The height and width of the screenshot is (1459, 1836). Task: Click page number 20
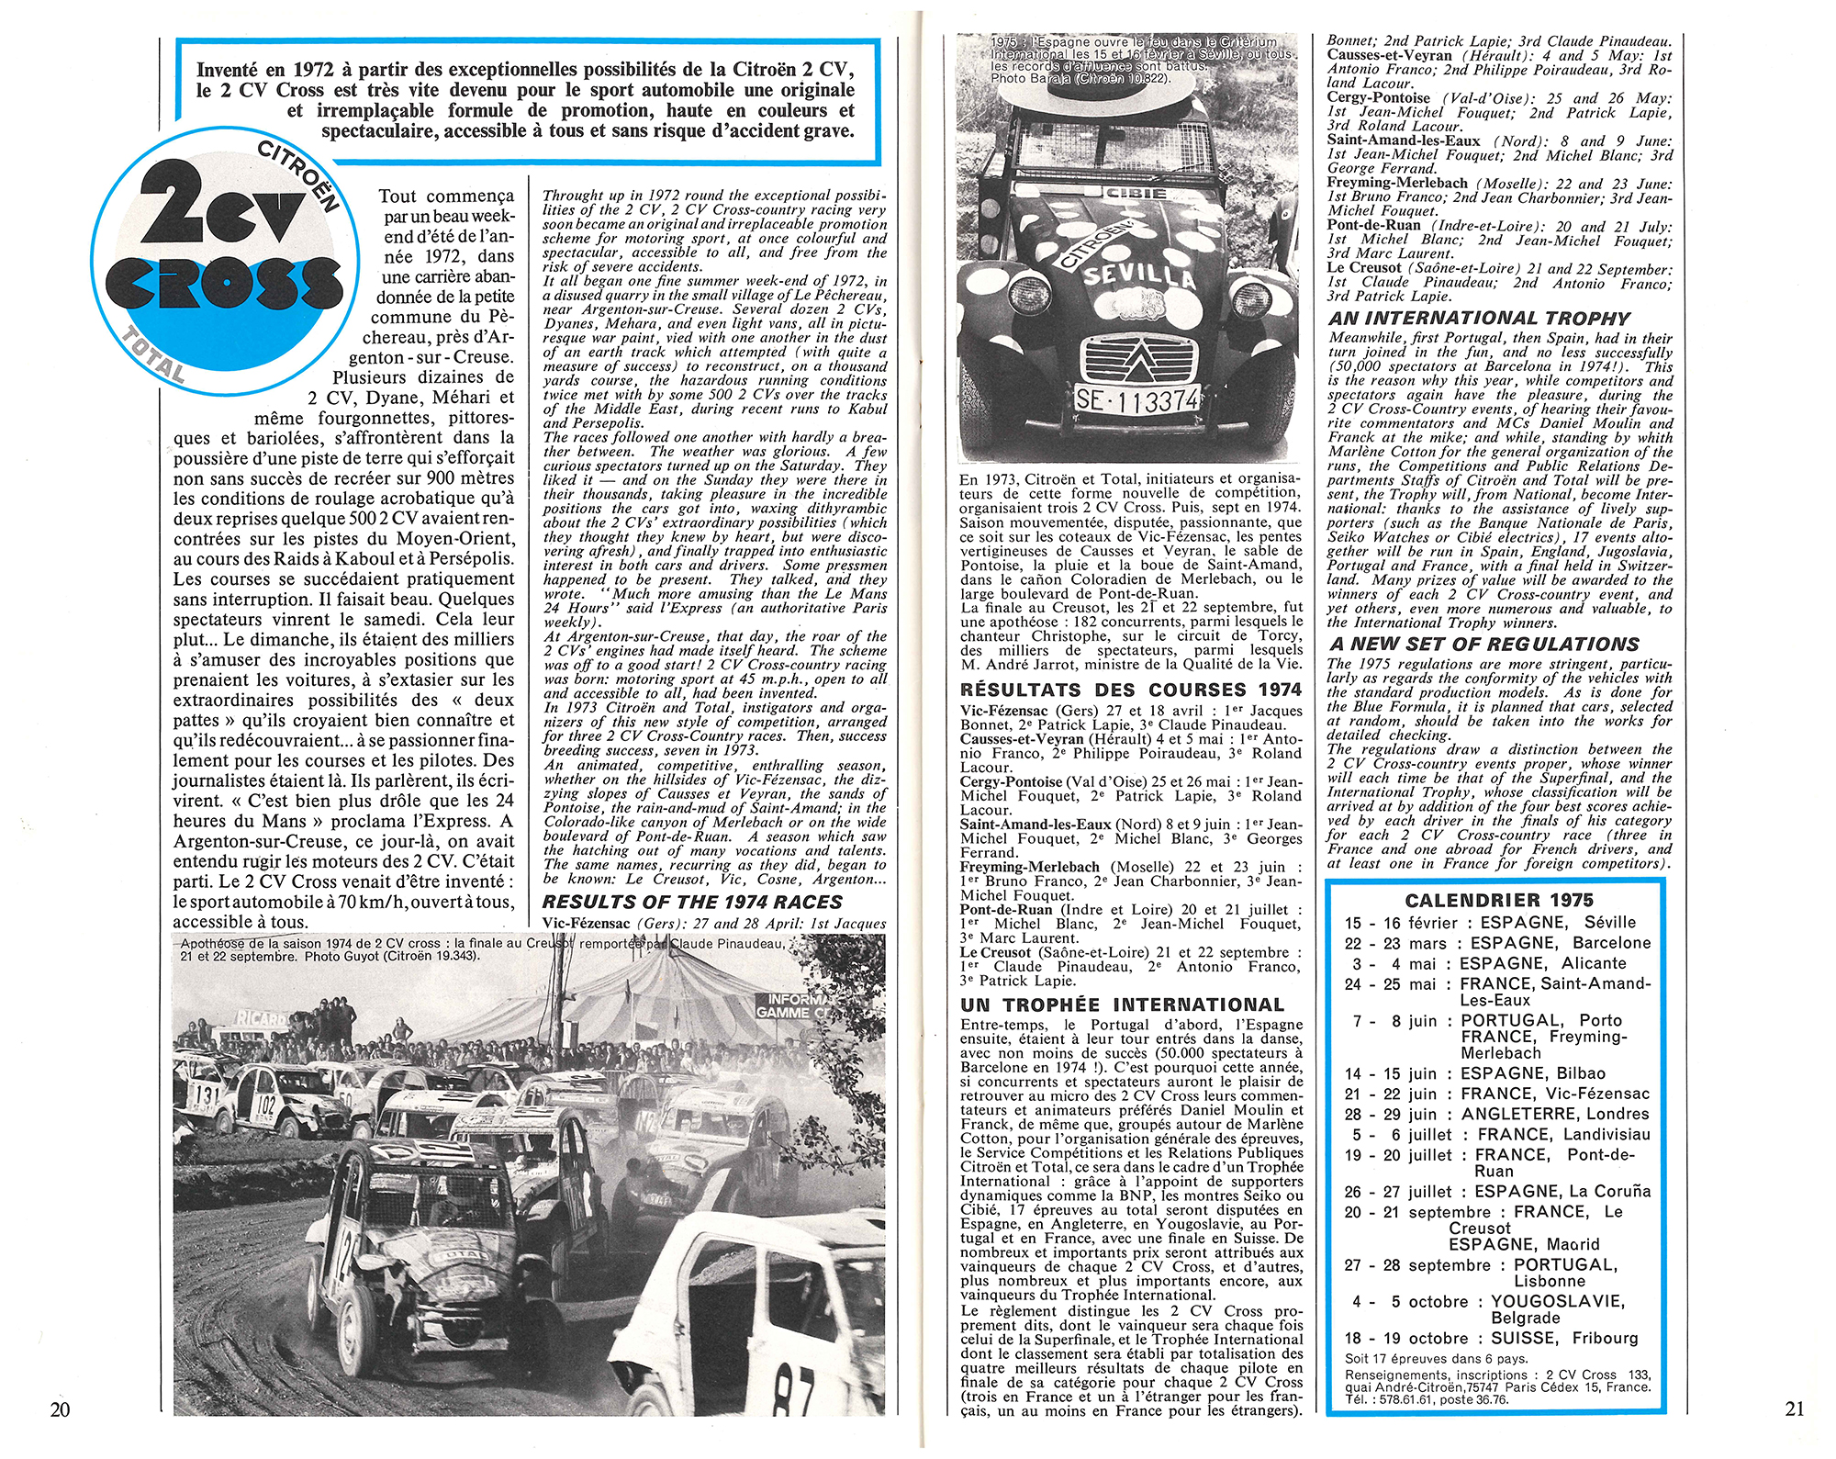pos(60,1409)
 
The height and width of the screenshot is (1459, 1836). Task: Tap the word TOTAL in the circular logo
pos(154,356)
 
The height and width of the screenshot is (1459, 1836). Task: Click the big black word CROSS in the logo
pos(224,283)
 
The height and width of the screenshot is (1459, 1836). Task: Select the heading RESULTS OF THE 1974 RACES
pos(692,903)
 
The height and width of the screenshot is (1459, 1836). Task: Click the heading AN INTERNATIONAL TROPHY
pos(1479,319)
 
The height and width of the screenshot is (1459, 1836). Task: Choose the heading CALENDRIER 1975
pos(1499,901)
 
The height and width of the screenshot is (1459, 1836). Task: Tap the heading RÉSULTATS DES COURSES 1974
pos(1130,690)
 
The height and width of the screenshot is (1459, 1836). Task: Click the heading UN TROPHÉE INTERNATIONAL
pos(1122,1005)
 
